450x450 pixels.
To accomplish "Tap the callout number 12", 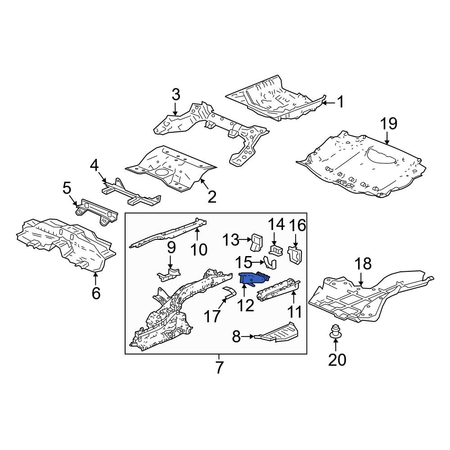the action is (x=246, y=306).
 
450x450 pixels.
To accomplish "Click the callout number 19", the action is (x=389, y=124).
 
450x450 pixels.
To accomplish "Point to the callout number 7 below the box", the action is (x=219, y=367).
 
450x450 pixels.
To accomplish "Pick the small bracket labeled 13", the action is (x=257, y=242).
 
